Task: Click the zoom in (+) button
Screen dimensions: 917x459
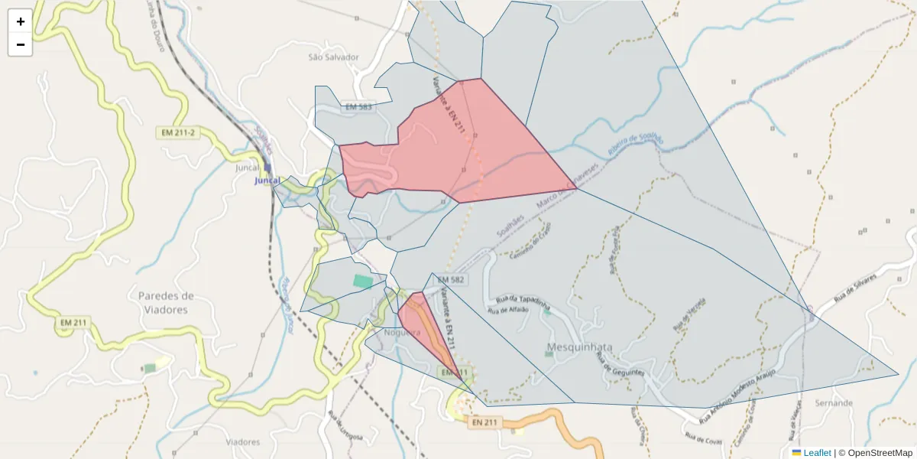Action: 21,21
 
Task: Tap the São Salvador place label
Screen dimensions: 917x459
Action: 333,57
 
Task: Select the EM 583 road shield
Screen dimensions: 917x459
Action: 358,107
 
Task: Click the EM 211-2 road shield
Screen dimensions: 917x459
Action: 177,132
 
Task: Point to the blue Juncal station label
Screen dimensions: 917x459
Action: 267,181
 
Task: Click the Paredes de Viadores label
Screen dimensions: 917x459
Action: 166,302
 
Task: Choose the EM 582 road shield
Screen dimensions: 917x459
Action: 451,280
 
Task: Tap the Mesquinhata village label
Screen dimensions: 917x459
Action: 580,347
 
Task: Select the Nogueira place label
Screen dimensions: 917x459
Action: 402,333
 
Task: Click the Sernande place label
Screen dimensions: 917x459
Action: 834,402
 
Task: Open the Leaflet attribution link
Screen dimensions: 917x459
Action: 817,453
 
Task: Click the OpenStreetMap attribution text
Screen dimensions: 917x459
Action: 875,453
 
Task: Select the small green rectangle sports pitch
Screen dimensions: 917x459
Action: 364,281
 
